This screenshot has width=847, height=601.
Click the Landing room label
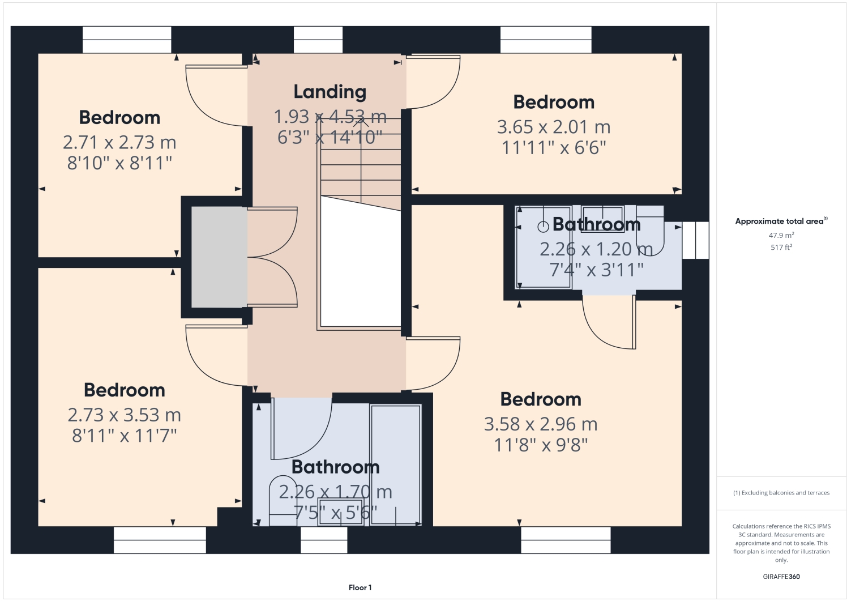click(330, 92)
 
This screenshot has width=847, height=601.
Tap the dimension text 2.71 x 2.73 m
click(119, 142)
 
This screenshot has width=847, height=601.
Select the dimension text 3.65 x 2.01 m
click(553, 127)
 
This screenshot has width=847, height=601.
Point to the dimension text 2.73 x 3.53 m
click(124, 415)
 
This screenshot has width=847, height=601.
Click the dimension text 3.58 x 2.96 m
click(540, 424)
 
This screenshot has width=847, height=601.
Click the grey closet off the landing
click(219, 257)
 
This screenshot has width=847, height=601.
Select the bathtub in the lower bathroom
click(395, 464)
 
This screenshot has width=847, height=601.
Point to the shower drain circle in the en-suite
click(543, 227)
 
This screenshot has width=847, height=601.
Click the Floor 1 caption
click(360, 587)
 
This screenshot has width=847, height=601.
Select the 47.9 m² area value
click(781, 235)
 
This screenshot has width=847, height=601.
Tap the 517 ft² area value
click(781, 248)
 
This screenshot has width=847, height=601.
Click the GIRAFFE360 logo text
click(781, 577)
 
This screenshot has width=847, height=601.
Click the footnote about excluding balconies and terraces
click(781, 493)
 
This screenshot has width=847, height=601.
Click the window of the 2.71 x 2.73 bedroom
click(127, 40)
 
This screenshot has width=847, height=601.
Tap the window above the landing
click(318, 40)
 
